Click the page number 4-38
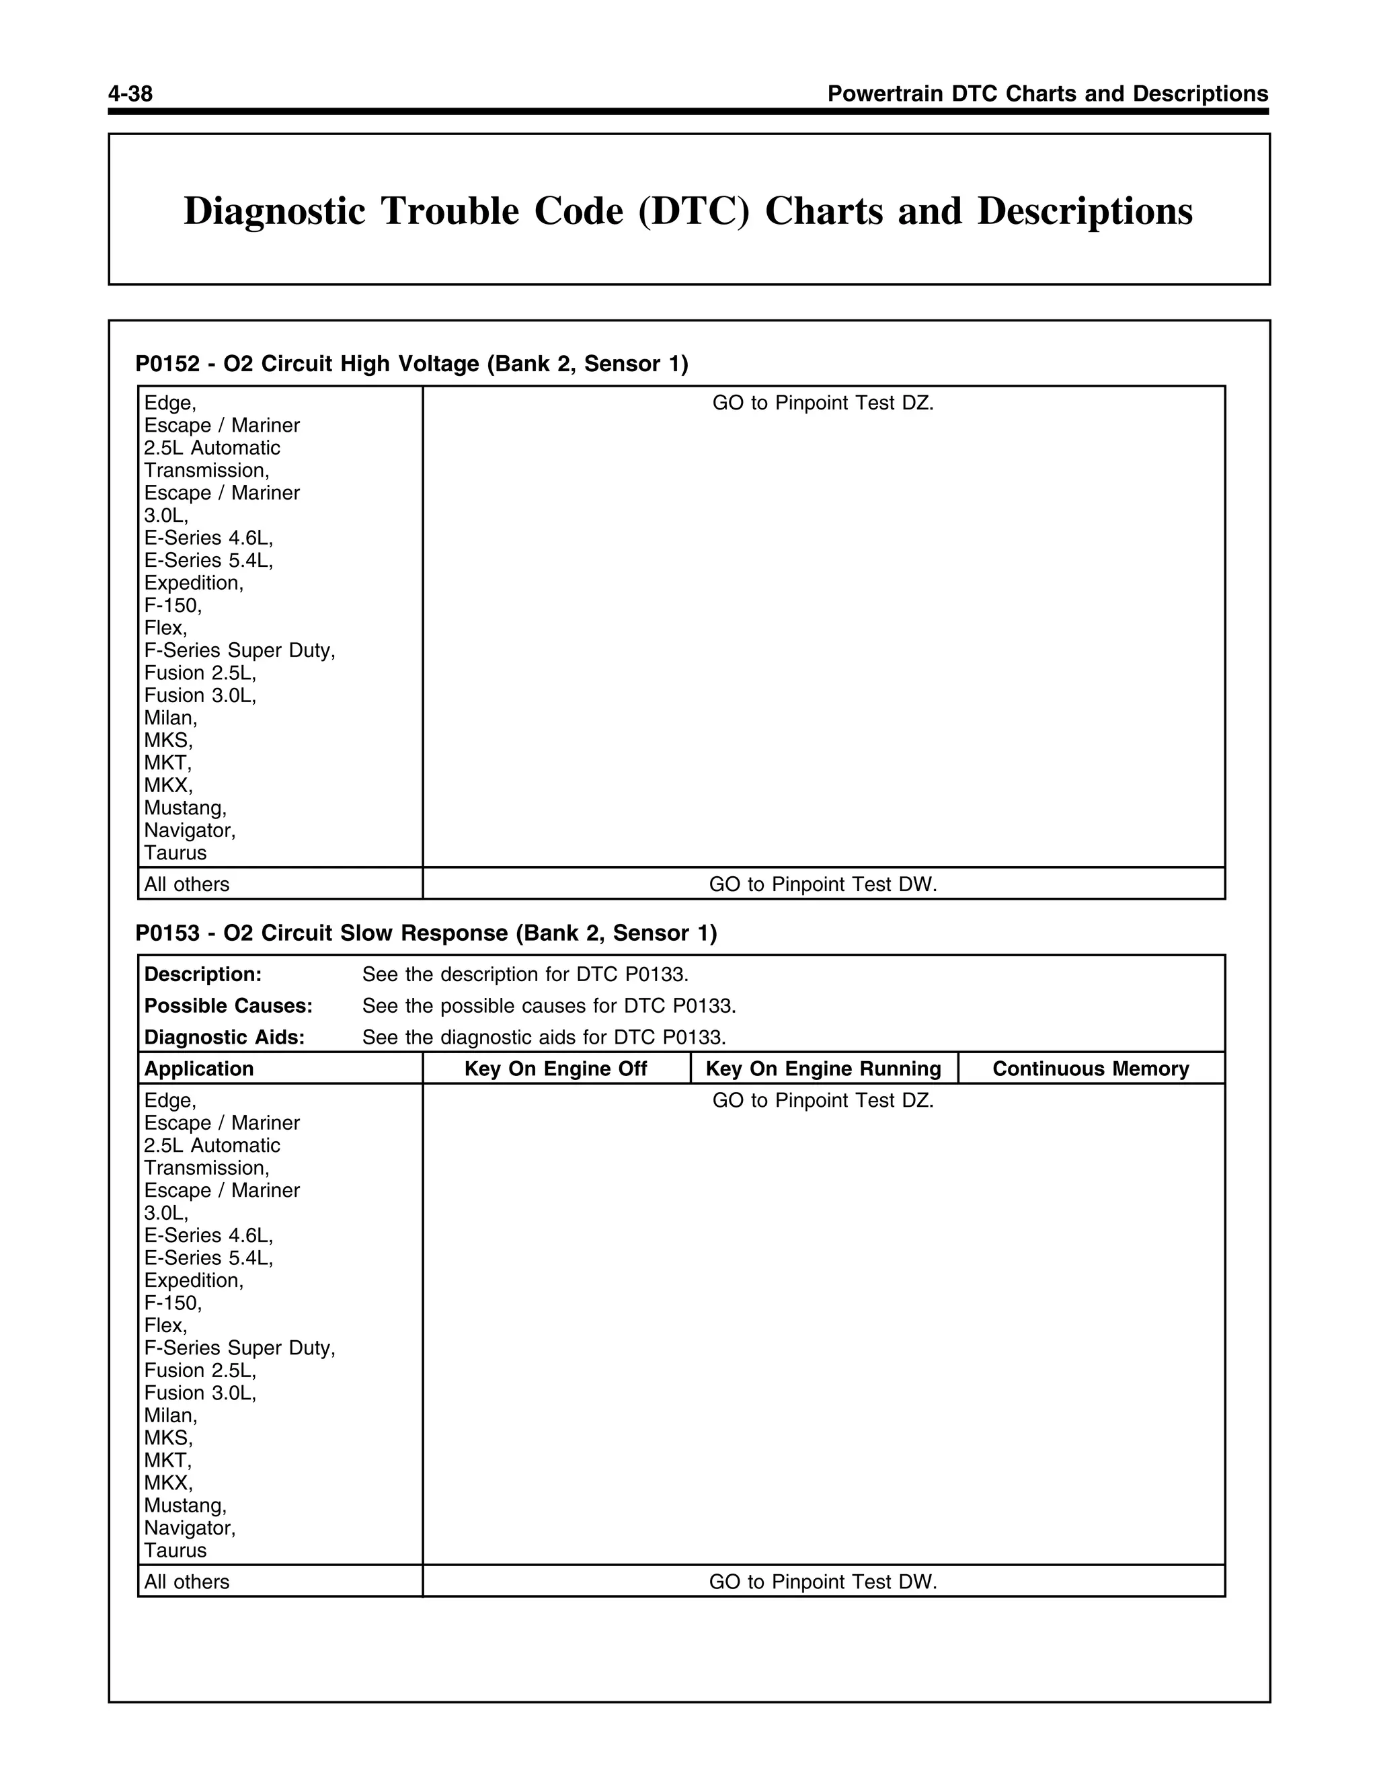click(130, 94)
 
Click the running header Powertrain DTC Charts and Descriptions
click(1048, 94)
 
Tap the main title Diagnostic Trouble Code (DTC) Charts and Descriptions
click(688, 211)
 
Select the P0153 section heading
click(426, 933)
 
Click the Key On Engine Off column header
click(555, 1069)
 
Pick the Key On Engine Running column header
click(823, 1069)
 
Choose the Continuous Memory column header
click(1091, 1069)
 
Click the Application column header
click(199, 1069)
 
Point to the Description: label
click(203, 974)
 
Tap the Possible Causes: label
click(229, 1006)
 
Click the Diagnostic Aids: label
click(225, 1037)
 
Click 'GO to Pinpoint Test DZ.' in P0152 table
click(823, 403)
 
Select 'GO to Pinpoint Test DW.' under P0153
click(823, 1582)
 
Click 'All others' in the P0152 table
click(187, 884)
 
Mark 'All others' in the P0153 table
click(187, 1582)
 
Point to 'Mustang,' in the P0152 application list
click(185, 808)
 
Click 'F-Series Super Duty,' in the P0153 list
click(240, 1348)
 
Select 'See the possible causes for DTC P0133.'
click(549, 1006)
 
